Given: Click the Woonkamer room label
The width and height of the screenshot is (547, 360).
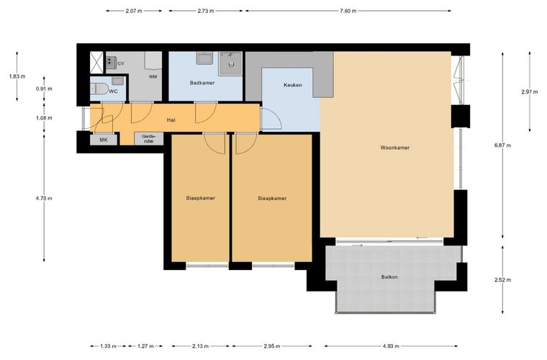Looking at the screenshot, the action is coord(395,148).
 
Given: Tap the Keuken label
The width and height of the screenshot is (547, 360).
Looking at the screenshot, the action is coord(293,85).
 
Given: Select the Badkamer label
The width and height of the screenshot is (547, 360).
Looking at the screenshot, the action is coord(202,83).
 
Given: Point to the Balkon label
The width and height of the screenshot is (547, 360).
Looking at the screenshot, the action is coord(389,277).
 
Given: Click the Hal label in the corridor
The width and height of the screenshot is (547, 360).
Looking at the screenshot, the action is coord(171,120).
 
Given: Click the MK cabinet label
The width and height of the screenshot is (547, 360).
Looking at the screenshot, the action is coord(104,140).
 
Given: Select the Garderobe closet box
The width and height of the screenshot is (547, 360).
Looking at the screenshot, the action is coord(149,139).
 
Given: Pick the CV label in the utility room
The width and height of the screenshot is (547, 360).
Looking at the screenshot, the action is coord(121,63).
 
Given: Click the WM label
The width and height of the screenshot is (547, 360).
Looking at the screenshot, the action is coord(153,76).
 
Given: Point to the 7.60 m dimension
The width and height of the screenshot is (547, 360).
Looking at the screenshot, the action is coord(348,11).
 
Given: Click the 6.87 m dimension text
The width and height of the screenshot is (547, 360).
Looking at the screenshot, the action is coord(502,145).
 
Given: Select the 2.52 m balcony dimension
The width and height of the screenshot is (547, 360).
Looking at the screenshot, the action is coord(502,280).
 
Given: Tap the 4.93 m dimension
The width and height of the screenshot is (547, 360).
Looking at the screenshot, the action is coord(391,346).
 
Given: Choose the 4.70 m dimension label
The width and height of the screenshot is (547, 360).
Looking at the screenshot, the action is coord(44,198).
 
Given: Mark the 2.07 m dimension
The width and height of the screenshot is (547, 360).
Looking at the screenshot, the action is coord(134,11).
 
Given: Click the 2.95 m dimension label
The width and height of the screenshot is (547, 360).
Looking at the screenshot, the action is coord(272,346).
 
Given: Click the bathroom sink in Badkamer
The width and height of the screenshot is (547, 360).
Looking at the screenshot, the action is coord(205,58).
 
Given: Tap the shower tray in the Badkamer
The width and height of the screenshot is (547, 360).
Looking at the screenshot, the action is coord(230,64).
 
